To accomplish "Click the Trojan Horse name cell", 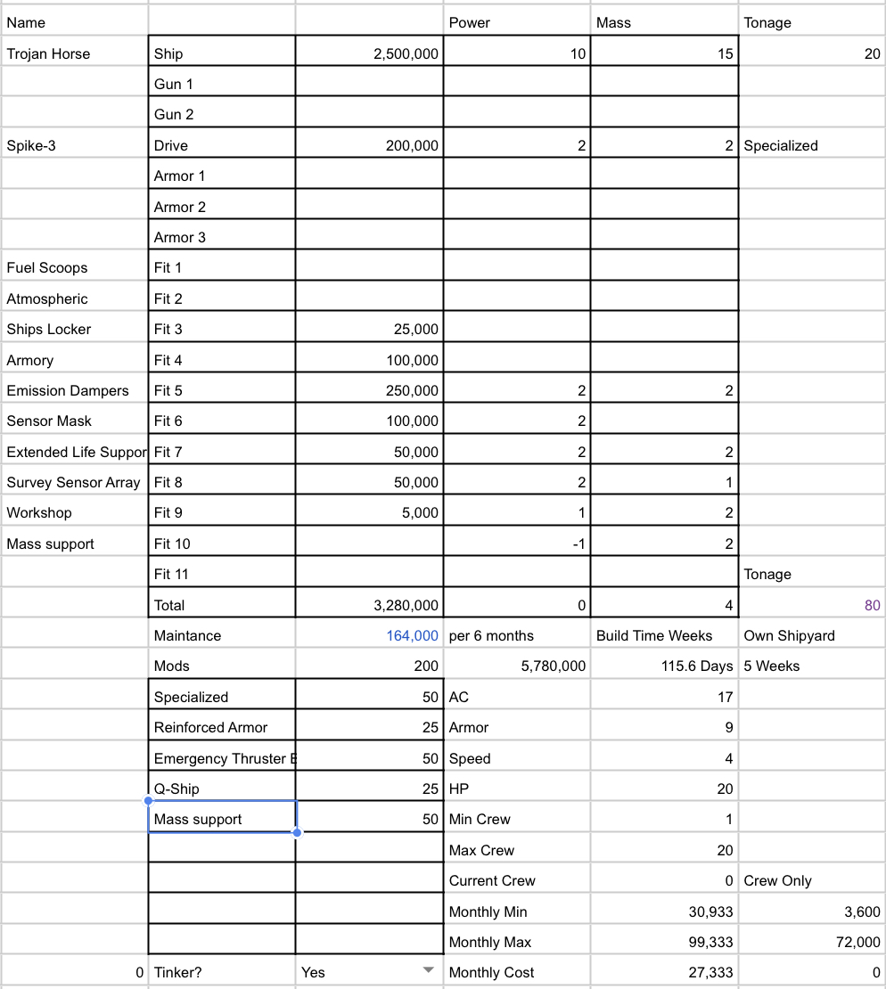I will [48, 53].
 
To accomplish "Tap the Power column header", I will [470, 22].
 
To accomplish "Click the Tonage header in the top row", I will [767, 22].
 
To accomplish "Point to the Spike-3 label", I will [31, 145].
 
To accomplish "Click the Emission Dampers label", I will [68, 390].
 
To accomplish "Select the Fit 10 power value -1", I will [578, 544].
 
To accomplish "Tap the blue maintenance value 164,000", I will [412, 635].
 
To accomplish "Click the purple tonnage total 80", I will [872, 605].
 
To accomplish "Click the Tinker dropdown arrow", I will [428, 970].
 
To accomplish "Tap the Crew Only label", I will [777, 880].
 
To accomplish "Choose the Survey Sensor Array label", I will [73, 482].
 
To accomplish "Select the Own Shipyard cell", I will [789, 635].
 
